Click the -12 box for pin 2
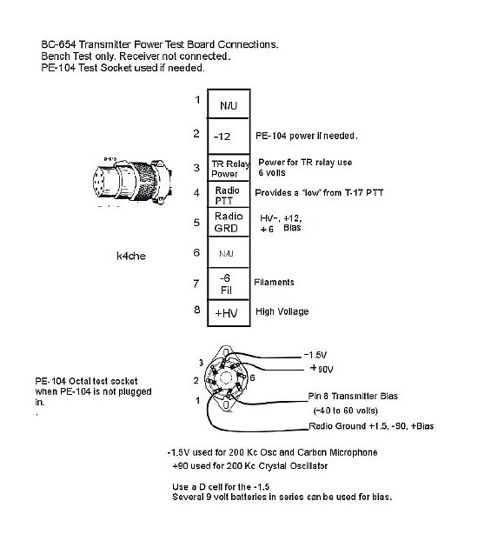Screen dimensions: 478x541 click(229, 137)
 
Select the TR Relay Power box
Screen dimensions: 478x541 click(229, 168)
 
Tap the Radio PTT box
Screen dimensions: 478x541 click(229, 194)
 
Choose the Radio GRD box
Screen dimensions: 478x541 click(229, 222)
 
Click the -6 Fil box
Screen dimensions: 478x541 click(229, 284)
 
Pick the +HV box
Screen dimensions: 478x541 click(229, 313)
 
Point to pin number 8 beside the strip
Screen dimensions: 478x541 click(197, 310)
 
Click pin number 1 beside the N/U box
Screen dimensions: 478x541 click(197, 100)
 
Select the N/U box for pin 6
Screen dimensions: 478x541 click(229, 252)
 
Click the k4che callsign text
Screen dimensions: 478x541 click(131, 256)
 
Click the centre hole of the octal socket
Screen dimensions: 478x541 click(226, 378)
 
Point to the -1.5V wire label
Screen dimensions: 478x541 click(315, 355)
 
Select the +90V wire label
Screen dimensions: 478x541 click(322, 369)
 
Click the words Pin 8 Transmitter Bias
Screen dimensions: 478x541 click(353, 396)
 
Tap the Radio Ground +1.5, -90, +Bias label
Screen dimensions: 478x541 click(371, 426)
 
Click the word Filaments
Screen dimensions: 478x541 click(274, 282)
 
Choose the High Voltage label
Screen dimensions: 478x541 click(282, 311)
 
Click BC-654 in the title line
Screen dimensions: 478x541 click(58, 44)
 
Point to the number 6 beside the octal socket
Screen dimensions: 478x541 click(252, 377)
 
